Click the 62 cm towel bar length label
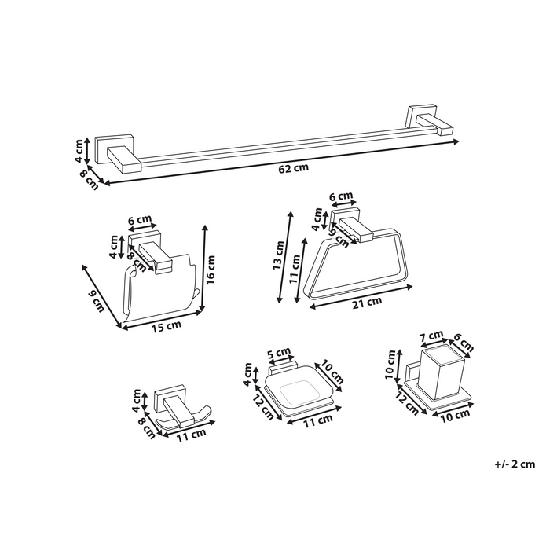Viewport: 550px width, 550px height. (294, 168)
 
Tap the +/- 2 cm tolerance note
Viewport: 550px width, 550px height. (515, 464)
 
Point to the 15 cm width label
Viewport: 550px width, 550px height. (167, 326)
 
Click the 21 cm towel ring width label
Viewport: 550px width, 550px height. (367, 302)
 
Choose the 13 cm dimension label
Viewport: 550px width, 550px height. (278, 255)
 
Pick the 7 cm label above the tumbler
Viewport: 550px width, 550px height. (431, 336)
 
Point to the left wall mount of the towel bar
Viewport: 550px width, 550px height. (118, 154)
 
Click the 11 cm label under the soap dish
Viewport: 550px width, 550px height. (317, 420)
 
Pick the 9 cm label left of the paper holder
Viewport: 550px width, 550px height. (96, 301)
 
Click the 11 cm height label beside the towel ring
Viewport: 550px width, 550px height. (295, 269)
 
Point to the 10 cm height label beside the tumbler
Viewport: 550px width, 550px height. (390, 364)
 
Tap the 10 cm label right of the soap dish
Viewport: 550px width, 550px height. (330, 372)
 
